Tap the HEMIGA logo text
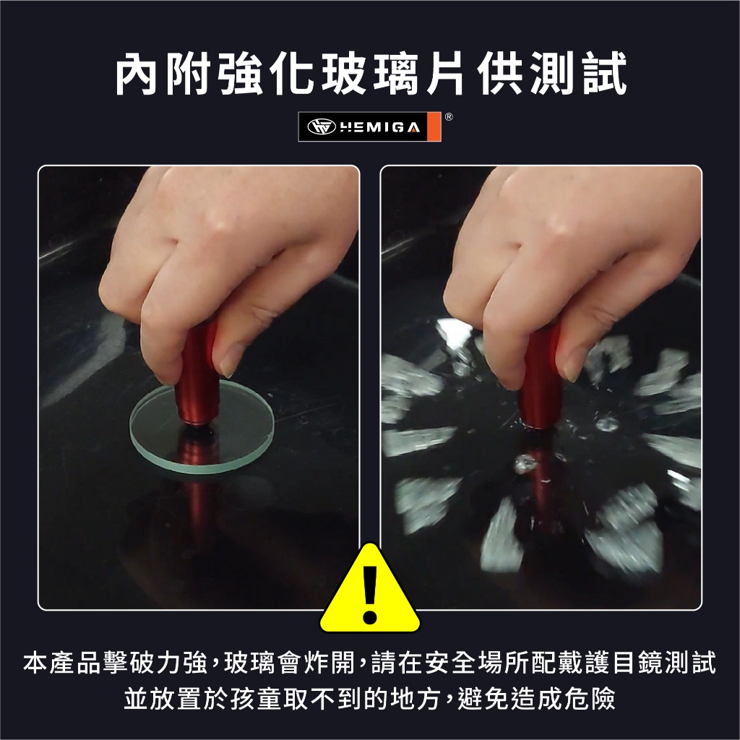[380, 127]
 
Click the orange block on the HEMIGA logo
[434, 127]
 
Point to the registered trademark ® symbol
[449, 116]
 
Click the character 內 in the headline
[136, 74]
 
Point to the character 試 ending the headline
[605, 74]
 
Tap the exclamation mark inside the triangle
[370, 595]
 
